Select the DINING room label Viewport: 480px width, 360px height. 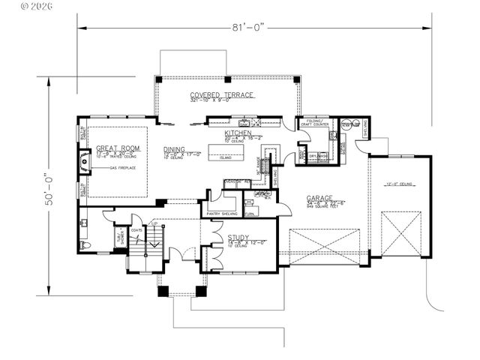(176, 149)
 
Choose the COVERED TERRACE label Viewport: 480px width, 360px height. (222, 95)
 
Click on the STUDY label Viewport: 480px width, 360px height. (238, 238)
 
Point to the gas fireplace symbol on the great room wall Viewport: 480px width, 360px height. (85, 161)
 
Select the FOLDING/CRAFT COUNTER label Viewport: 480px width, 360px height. (316, 124)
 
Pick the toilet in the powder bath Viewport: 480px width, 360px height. (87, 245)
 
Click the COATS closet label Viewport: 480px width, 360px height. (136, 231)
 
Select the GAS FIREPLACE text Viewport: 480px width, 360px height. (121, 169)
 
